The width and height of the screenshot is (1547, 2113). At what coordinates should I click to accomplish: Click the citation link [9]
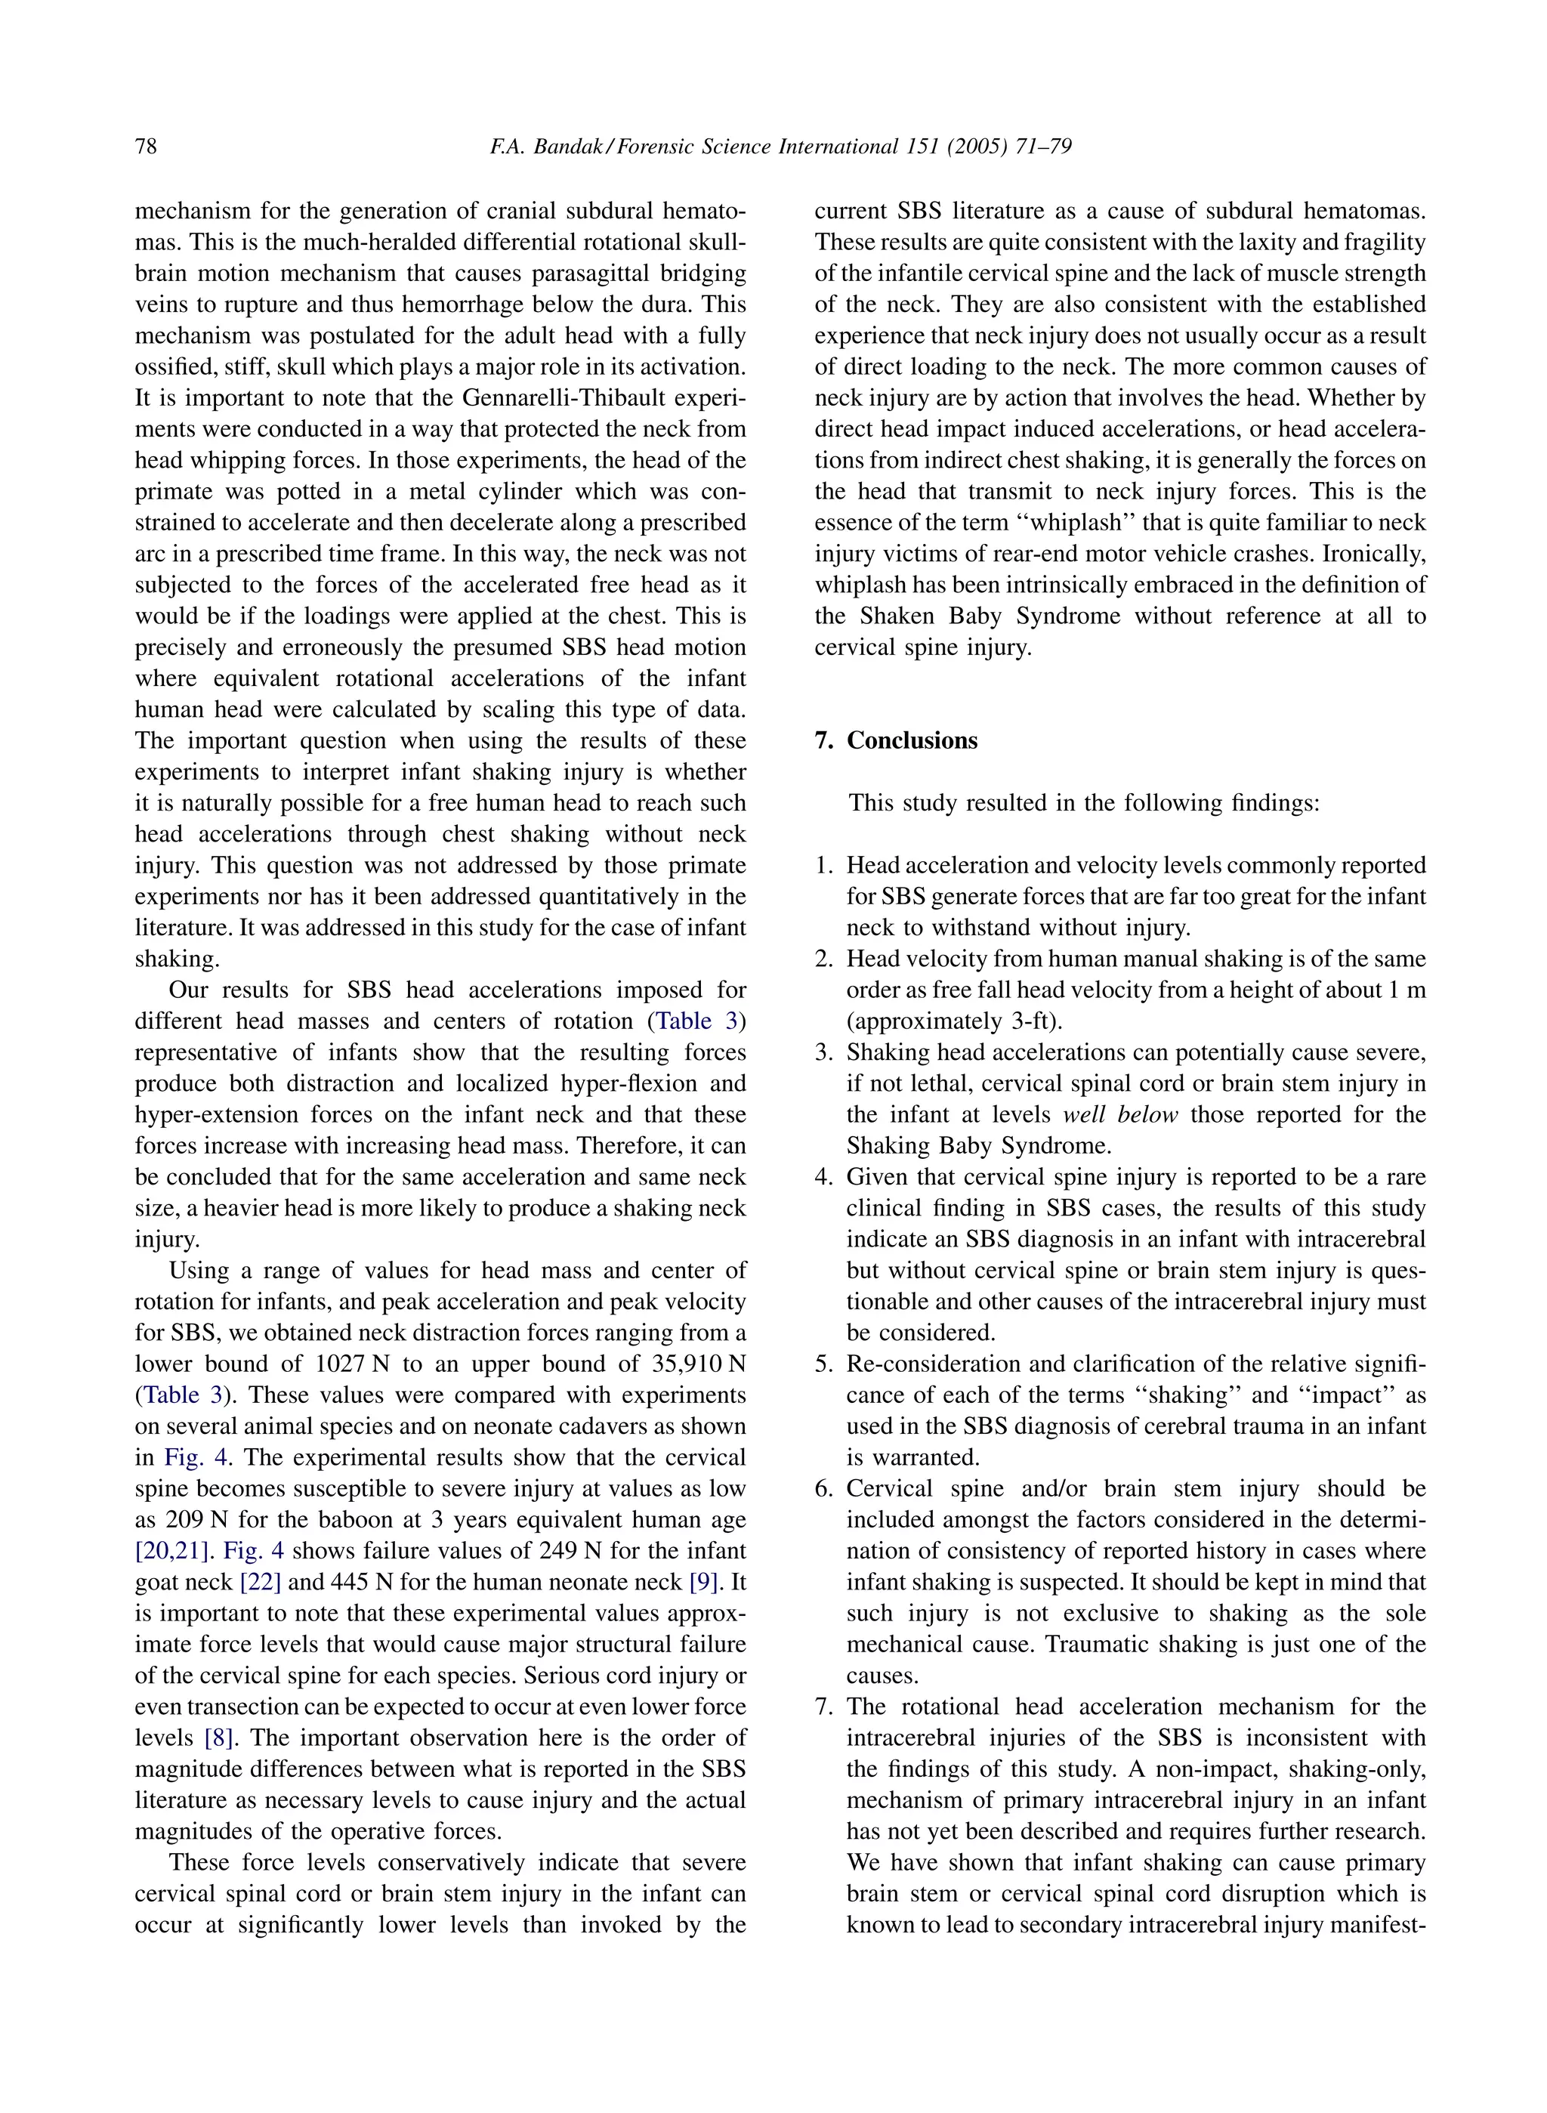tap(703, 1582)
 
